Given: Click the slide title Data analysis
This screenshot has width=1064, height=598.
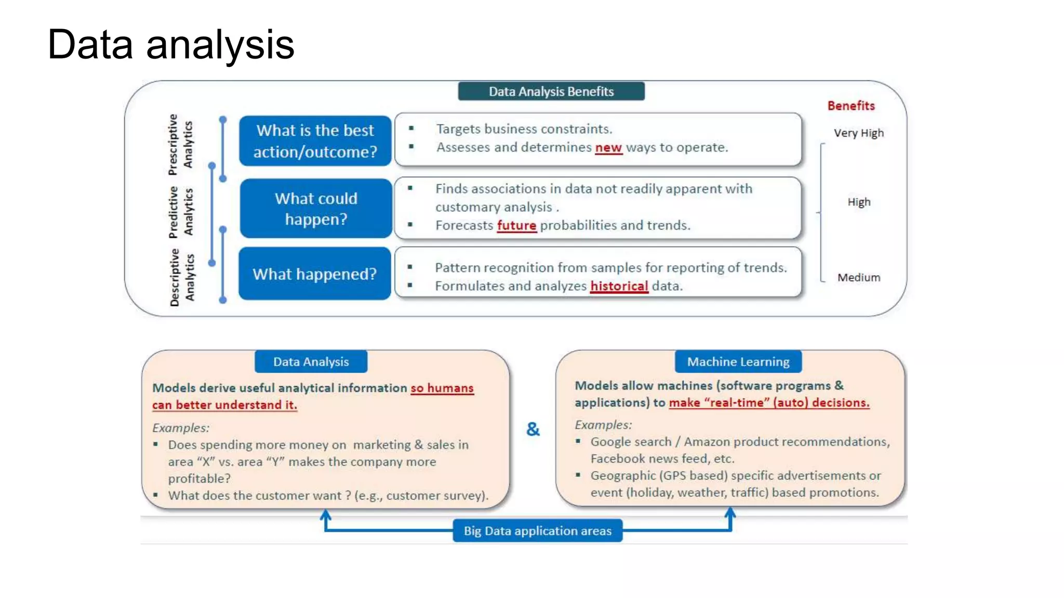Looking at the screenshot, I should (170, 45).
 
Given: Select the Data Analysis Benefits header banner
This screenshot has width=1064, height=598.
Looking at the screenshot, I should (551, 91).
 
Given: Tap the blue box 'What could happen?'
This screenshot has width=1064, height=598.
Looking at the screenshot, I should (316, 209).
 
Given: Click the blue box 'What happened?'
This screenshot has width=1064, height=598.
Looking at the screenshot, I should (314, 274).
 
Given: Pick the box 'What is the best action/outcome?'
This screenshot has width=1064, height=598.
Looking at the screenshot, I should (315, 141).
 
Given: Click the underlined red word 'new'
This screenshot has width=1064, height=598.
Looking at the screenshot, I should (608, 147).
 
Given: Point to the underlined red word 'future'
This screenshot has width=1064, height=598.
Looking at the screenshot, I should (516, 225).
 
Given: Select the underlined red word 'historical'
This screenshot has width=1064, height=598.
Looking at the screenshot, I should (619, 286).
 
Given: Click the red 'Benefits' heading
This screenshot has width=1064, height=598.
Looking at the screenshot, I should (850, 106).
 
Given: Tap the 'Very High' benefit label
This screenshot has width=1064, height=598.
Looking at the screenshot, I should (858, 133).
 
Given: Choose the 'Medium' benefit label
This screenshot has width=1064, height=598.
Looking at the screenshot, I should (858, 278).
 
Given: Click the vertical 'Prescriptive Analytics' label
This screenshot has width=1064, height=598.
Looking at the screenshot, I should (180, 144).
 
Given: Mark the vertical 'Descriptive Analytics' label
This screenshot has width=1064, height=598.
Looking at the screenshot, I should (182, 277).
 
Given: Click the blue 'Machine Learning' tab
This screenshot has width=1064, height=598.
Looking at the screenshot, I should (738, 362).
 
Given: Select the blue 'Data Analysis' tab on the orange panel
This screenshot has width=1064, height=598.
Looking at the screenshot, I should (311, 362).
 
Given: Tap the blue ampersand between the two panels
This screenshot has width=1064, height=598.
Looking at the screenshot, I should (533, 429).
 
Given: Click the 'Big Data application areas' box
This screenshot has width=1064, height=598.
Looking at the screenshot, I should (537, 531).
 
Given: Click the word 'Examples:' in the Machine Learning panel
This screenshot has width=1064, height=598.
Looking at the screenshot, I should (603, 425).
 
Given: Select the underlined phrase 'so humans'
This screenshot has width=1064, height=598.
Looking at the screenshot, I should (442, 388).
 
